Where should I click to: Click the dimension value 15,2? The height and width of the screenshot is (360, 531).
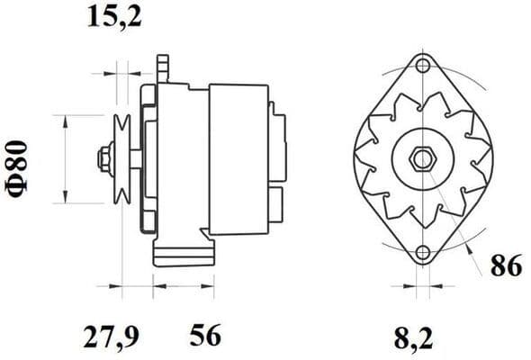coord(115,15)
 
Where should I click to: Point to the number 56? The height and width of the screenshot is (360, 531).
coord(205,337)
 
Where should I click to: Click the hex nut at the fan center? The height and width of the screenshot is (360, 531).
coord(421,160)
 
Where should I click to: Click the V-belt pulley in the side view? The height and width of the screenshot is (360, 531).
coord(124,160)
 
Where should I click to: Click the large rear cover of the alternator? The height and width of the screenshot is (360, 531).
coord(238,158)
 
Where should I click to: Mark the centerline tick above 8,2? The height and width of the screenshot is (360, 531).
coord(422,290)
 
